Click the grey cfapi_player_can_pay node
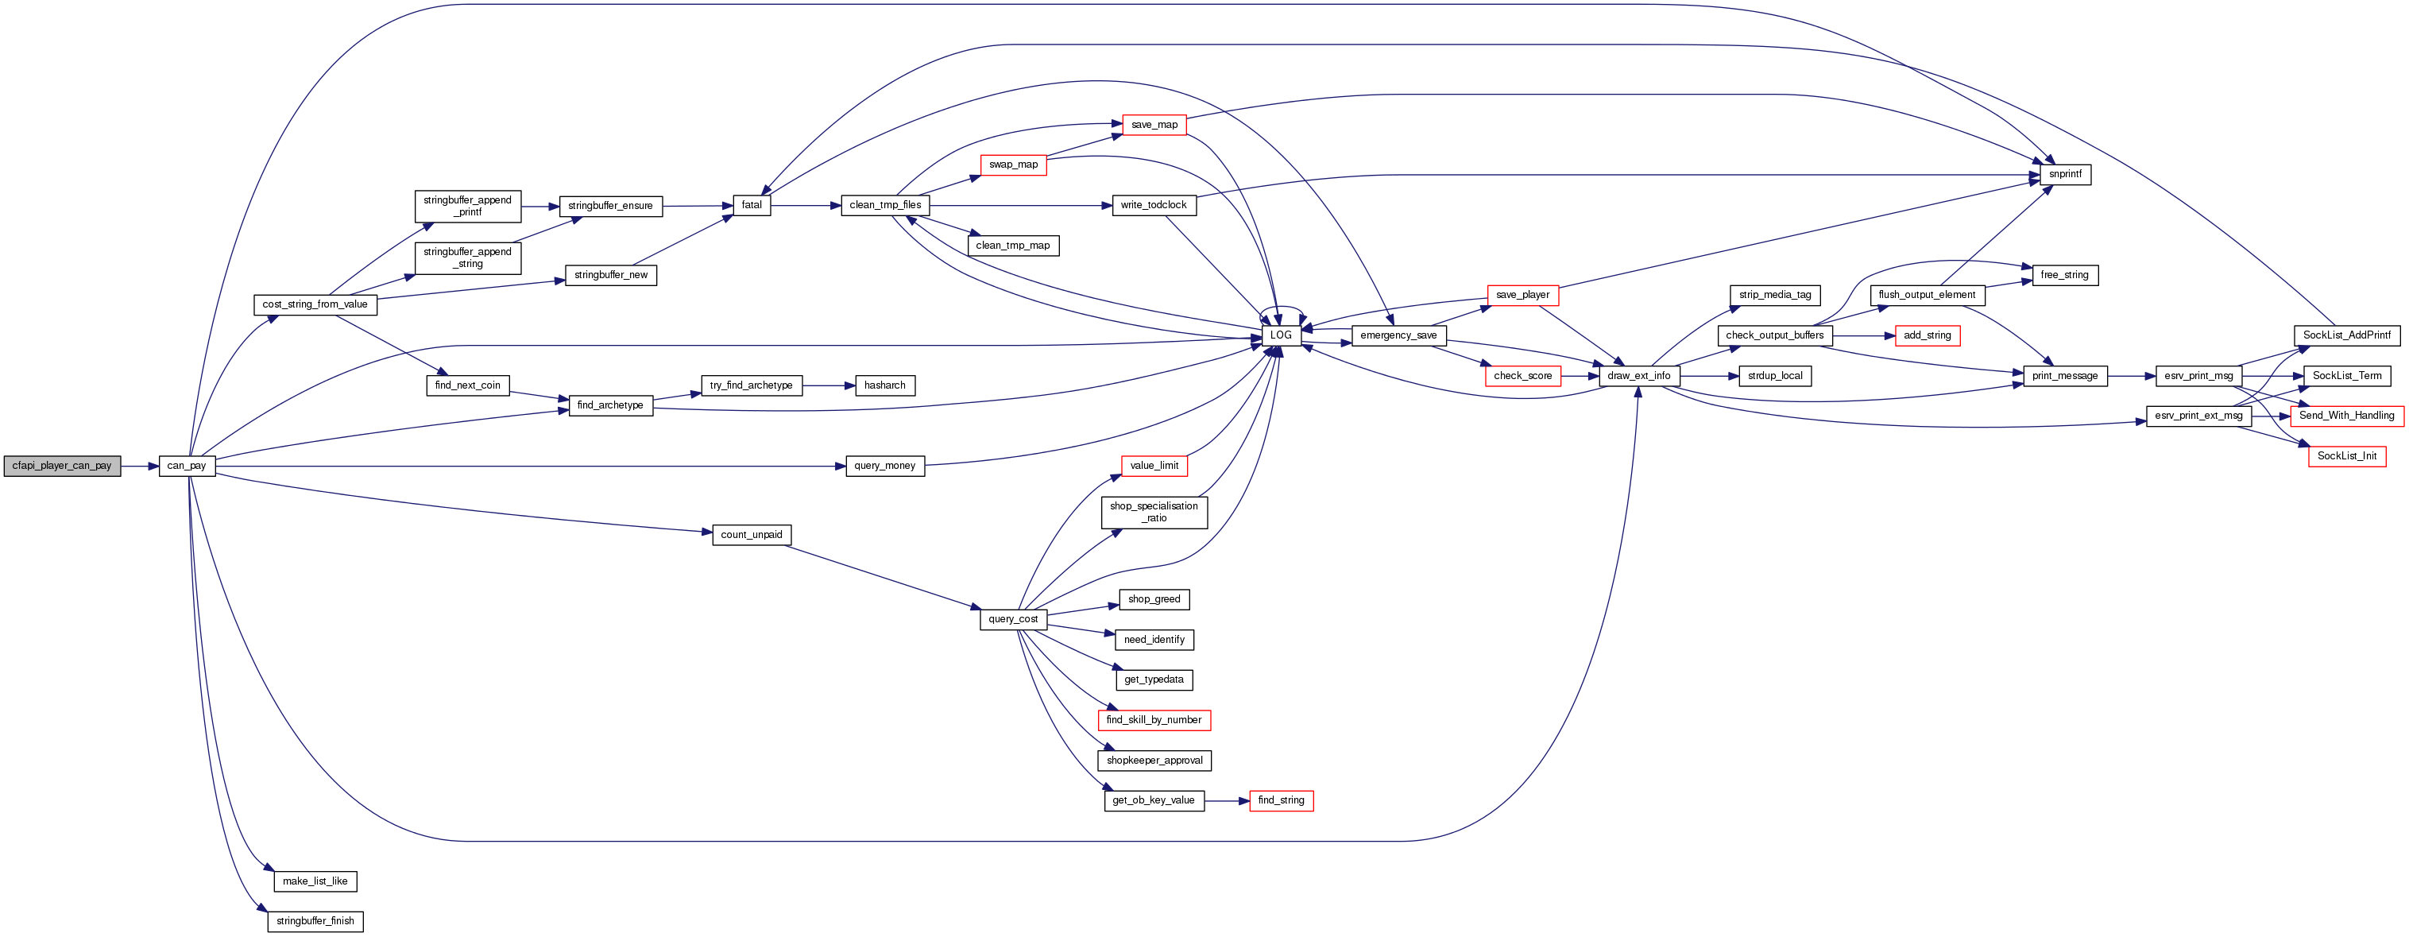point(62,466)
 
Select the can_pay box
point(187,466)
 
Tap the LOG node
point(1280,335)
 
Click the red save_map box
point(1154,124)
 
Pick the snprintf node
point(2065,175)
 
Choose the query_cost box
point(1013,619)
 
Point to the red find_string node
point(1280,800)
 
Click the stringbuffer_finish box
point(315,921)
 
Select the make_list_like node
point(315,881)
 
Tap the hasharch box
point(884,385)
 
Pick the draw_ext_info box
point(1638,376)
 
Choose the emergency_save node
point(1398,335)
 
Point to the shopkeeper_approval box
point(1154,761)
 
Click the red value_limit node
point(1154,466)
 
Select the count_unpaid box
point(751,535)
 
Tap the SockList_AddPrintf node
point(2346,335)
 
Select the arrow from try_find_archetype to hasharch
point(829,385)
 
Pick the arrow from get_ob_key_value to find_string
point(1227,800)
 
